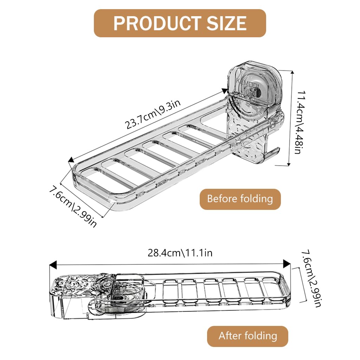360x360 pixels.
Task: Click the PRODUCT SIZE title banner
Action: coord(180,23)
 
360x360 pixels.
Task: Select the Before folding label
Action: coord(240,199)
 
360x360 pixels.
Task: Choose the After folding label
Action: coord(247,336)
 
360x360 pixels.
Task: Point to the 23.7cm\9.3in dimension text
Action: coord(154,114)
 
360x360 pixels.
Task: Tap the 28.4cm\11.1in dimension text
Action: coord(180,252)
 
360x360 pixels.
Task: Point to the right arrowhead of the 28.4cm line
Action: coord(287,263)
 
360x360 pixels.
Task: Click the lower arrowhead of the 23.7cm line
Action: coord(71,160)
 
